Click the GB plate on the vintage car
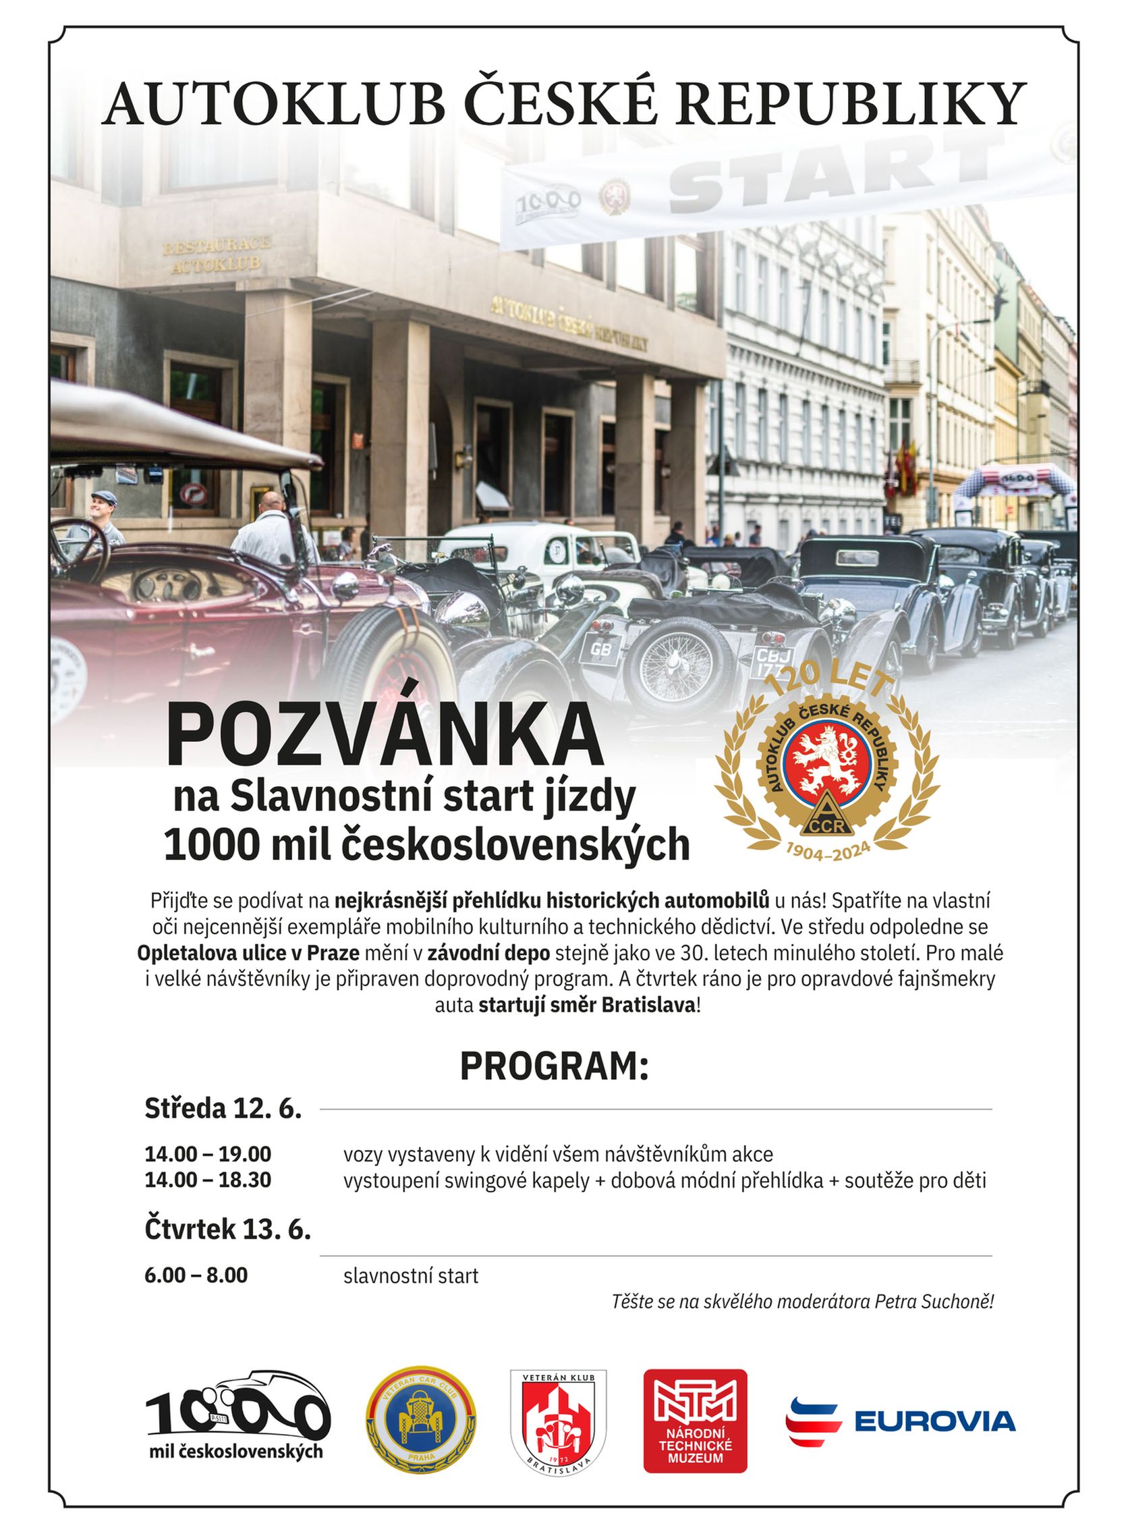pyautogui.click(x=600, y=649)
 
